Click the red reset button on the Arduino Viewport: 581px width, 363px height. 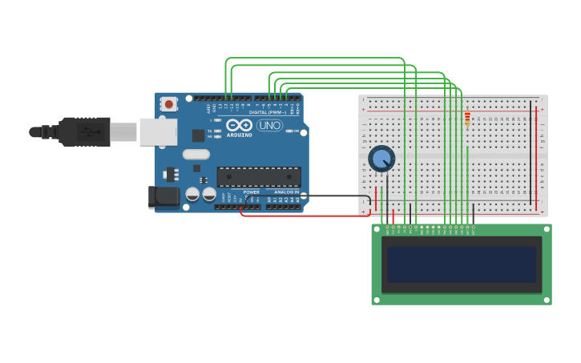click(x=168, y=104)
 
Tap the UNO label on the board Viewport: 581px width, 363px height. click(x=269, y=126)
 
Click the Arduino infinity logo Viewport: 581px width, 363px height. click(x=239, y=125)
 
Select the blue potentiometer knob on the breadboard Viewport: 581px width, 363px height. click(x=381, y=158)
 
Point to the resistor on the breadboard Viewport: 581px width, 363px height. click(x=467, y=119)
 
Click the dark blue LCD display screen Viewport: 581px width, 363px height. click(x=462, y=264)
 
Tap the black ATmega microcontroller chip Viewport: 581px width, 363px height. click(x=259, y=176)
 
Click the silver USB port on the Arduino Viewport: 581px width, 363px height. click(x=158, y=132)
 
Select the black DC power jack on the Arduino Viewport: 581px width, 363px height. click(x=165, y=196)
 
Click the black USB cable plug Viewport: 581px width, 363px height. click(x=84, y=131)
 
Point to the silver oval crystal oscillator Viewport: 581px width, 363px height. click(x=196, y=154)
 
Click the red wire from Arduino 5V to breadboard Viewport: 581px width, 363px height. click(x=305, y=216)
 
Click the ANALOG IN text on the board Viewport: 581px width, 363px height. click(x=286, y=192)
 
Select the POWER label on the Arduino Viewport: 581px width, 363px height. click(x=251, y=192)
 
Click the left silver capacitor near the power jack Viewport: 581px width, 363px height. click(x=192, y=194)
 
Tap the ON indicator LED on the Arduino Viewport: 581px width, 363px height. click(x=288, y=131)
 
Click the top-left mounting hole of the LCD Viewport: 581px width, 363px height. click(x=377, y=229)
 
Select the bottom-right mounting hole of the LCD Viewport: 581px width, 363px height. click(x=547, y=300)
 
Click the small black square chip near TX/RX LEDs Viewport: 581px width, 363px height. click(x=198, y=135)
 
